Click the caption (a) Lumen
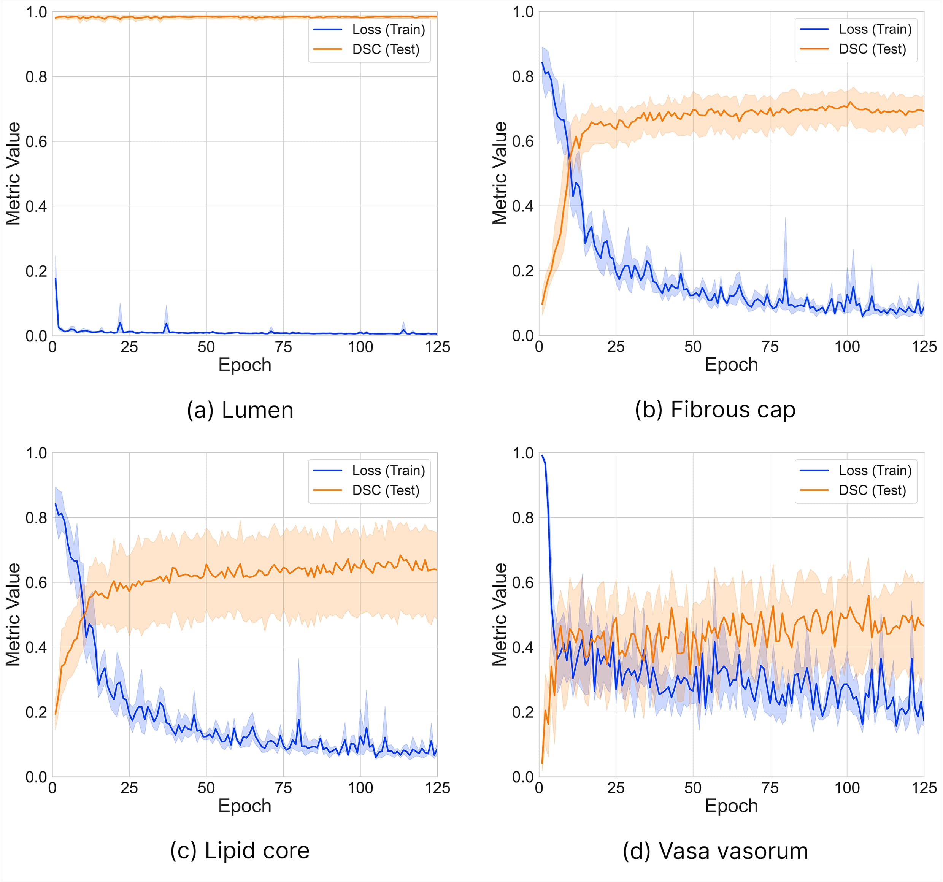click(240, 410)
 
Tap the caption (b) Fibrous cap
click(715, 410)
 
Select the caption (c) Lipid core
click(240, 851)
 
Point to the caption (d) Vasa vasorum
click(715, 851)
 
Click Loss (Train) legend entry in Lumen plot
click(388, 29)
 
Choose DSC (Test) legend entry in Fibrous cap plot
click(872, 49)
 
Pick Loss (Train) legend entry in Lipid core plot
click(388, 470)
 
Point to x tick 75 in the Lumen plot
click(283, 347)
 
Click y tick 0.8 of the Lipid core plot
click(36, 517)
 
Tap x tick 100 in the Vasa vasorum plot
click(847, 788)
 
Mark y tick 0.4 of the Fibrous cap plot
click(523, 206)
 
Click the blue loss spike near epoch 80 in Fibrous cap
click(785, 278)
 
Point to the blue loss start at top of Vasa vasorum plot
click(542, 456)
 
